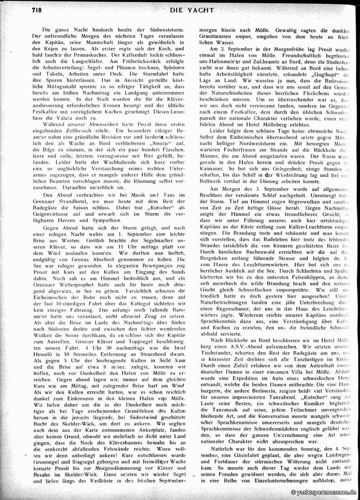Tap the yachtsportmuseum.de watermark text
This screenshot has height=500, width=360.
(324, 493)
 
